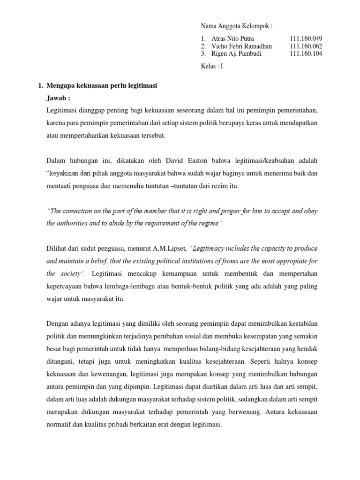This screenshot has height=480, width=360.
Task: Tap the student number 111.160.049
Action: (306, 38)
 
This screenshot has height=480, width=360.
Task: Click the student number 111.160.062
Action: (306, 46)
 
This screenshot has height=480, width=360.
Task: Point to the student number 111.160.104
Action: (306, 53)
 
